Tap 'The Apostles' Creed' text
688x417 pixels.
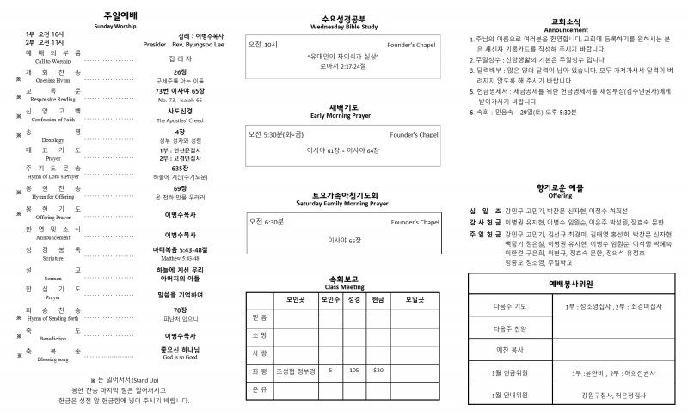(180, 119)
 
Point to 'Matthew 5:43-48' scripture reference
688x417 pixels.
(180, 256)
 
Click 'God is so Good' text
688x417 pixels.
(180, 355)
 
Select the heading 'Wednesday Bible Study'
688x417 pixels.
(345, 28)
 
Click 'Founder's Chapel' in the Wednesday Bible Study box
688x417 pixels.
(415, 44)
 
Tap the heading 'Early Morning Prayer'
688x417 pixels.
(345, 116)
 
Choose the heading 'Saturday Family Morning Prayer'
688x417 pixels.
(345, 204)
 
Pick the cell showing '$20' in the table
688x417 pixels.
(378, 371)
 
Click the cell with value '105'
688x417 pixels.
(353, 371)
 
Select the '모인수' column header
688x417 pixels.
(330, 300)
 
